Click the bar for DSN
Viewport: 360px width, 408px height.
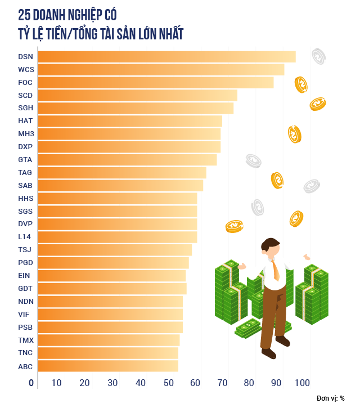coord(166,57)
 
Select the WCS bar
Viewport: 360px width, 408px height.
coord(161,70)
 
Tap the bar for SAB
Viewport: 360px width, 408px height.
coord(120,186)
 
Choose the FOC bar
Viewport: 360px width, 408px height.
coord(156,83)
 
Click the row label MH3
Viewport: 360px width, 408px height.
coord(26,134)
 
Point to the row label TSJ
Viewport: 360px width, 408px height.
coord(25,250)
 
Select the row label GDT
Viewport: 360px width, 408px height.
coord(25,289)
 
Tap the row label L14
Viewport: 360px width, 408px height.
coord(25,237)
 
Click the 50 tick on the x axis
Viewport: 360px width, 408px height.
coord(168,383)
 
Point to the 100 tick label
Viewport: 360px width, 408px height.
coord(302,383)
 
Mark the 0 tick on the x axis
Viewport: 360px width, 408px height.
coord(31,383)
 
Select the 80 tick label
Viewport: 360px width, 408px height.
coord(249,383)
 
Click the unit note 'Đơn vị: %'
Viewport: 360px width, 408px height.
coord(331,398)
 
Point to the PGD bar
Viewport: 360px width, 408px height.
coord(113,263)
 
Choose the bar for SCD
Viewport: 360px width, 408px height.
coord(137,96)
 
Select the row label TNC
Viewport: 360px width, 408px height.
coord(25,353)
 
